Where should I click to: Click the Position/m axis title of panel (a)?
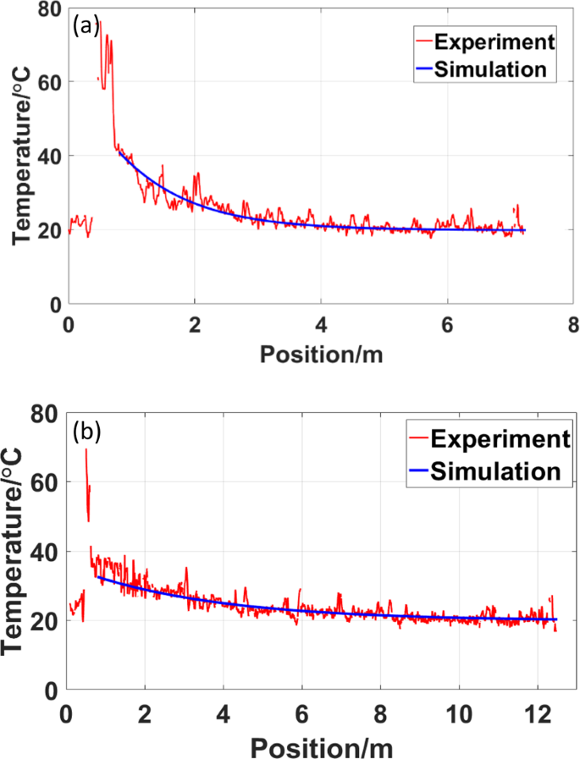tap(321, 354)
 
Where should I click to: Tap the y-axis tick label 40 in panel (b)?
tap(48, 551)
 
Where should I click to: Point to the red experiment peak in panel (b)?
tap(86, 450)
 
